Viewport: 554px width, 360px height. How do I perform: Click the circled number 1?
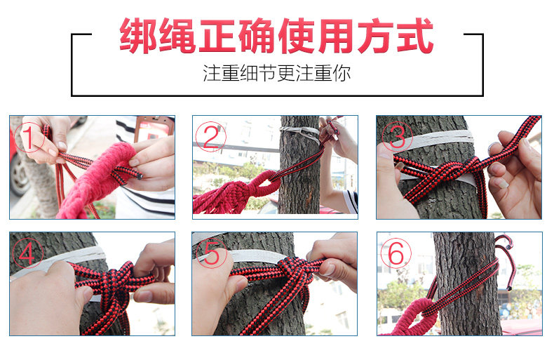click(x=29, y=138)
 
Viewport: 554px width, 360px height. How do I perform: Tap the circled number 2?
click(x=211, y=137)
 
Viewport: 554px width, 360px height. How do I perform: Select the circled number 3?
click(x=397, y=136)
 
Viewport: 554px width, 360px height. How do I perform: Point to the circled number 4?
click(x=27, y=253)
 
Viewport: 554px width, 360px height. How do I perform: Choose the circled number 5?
click(x=212, y=253)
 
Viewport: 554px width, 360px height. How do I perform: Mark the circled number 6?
click(x=396, y=253)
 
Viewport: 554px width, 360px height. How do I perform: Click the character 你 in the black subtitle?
click(x=342, y=73)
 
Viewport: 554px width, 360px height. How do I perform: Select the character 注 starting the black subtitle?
click(x=212, y=73)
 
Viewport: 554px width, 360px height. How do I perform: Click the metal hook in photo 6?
click(x=506, y=262)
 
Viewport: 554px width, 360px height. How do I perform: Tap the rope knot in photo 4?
click(x=116, y=279)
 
